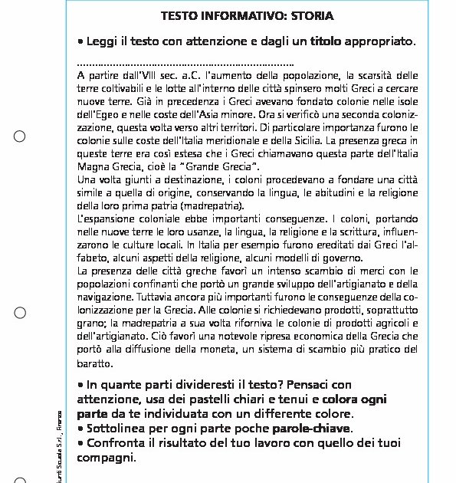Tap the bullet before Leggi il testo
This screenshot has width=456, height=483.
pos(80,41)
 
